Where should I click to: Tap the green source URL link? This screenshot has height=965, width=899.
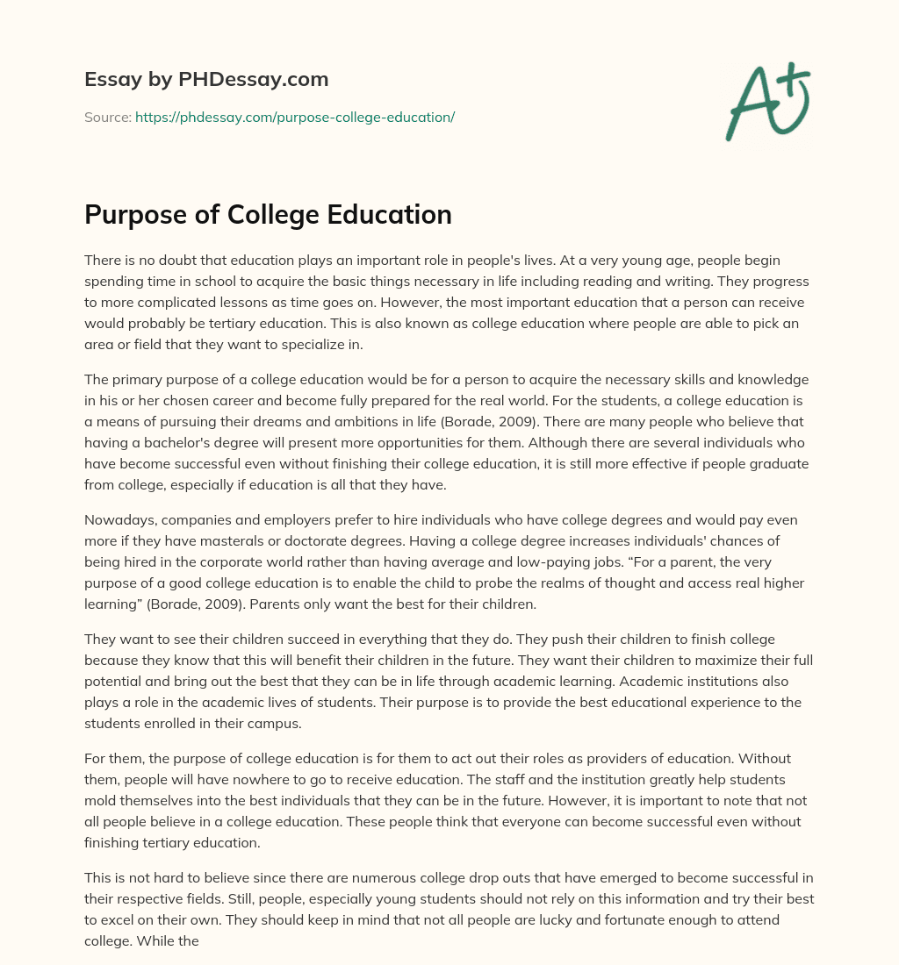[295, 117]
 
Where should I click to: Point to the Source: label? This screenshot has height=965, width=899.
[107, 117]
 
